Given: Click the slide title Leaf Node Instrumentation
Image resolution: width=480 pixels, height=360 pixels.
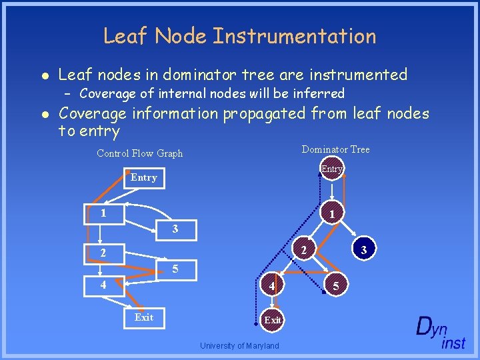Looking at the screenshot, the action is click(x=239, y=36).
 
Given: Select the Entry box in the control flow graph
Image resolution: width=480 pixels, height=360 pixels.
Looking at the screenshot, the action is click(x=144, y=177).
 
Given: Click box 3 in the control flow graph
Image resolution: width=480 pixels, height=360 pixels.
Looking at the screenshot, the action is click(x=175, y=229).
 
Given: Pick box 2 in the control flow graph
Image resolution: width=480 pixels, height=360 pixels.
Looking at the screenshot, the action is click(x=103, y=253).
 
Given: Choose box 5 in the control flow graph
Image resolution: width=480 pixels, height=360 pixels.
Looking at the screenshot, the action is click(x=175, y=269).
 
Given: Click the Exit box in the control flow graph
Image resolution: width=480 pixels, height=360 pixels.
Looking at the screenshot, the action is click(x=144, y=317).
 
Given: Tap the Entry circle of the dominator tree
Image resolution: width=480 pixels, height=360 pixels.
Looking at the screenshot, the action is click(x=331, y=169).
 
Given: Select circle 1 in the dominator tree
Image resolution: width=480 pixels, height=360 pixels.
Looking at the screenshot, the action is click(x=331, y=213).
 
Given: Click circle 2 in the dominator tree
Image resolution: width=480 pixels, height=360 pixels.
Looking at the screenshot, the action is click(x=303, y=251).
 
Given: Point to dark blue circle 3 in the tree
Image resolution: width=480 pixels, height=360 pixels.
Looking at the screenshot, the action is click(x=364, y=250).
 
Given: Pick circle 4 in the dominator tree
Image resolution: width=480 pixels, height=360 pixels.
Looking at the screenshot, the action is click(x=273, y=287).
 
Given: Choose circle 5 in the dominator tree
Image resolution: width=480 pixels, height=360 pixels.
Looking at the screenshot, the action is click(x=336, y=287).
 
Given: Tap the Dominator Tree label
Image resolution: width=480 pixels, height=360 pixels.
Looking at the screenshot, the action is click(x=335, y=149).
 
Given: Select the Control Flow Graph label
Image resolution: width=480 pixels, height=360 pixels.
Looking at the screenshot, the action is click(x=139, y=153).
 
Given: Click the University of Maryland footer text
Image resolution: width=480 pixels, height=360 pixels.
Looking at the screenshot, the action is click(x=239, y=345).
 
